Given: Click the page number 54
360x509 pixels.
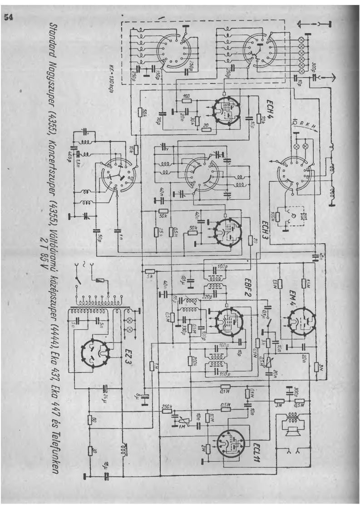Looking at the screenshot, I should (x=9, y=18).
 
